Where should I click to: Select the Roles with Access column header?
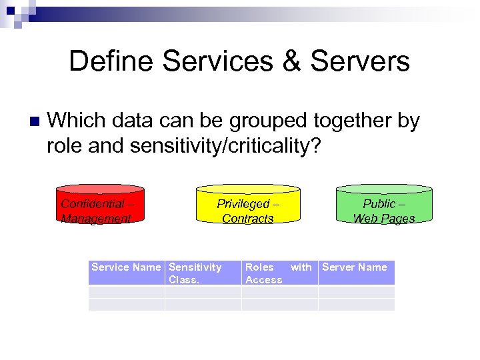click(279, 273)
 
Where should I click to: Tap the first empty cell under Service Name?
click(126, 291)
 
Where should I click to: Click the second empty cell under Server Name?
click(356, 304)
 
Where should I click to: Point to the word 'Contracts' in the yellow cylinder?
click(248, 218)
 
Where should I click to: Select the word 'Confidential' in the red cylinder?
click(91, 204)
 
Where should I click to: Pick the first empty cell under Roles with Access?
click(279, 291)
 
